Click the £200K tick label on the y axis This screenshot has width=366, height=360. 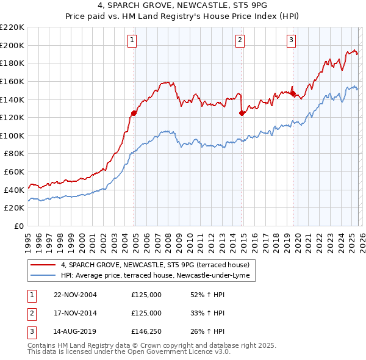(x=12, y=45)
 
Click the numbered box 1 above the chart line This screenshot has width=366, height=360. (x=132, y=40)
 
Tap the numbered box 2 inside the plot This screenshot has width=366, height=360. (x=240, y=40)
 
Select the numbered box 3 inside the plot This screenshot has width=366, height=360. (x=292, y=40)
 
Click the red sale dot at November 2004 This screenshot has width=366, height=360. (x=134, y=113)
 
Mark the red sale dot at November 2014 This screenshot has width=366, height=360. (x=242, y=113)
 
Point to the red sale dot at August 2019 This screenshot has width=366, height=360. (x=293, y=94)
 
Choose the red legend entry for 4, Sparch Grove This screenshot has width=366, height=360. (x=155, y=265)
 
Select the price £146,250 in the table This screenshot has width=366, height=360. (x=146, y=333)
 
